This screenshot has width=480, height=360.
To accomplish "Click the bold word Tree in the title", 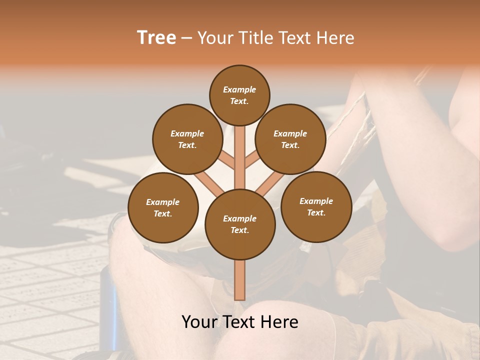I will tap(156, 38).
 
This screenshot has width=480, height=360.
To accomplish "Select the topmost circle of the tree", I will tap(239, 95).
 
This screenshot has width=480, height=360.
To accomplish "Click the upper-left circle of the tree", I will tap(187, 139).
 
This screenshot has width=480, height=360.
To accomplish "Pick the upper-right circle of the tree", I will tap(290, 139).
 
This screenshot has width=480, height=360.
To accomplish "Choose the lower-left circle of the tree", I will tap(163, 207).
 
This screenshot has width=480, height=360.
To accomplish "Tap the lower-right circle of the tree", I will tap(316, 206).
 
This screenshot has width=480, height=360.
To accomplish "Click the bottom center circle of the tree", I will tap(240, 224).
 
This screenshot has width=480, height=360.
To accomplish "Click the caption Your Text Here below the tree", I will tap(240, 322).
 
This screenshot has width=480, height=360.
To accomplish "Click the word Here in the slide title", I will tap(337, 38).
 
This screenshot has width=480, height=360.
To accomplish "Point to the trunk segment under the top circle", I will tap(240, 150).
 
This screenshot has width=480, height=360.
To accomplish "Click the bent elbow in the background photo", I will tap(452, 235).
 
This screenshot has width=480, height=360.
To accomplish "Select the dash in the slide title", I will tap(186, 38).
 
